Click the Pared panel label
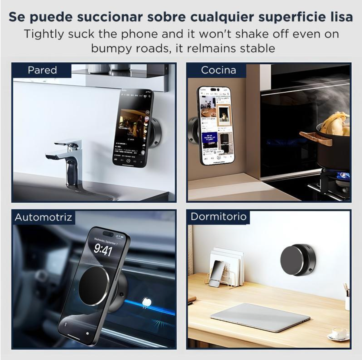[x=42, y=70]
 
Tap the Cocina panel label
[x=218, y=70]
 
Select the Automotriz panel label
[x=43, y=217]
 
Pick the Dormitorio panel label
[x=218, y=217]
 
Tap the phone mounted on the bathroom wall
[x=132, y=128]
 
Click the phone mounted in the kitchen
[x=214, y=126]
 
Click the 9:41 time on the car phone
[x=103, y=251]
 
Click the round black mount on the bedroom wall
[x=296, y=259]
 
